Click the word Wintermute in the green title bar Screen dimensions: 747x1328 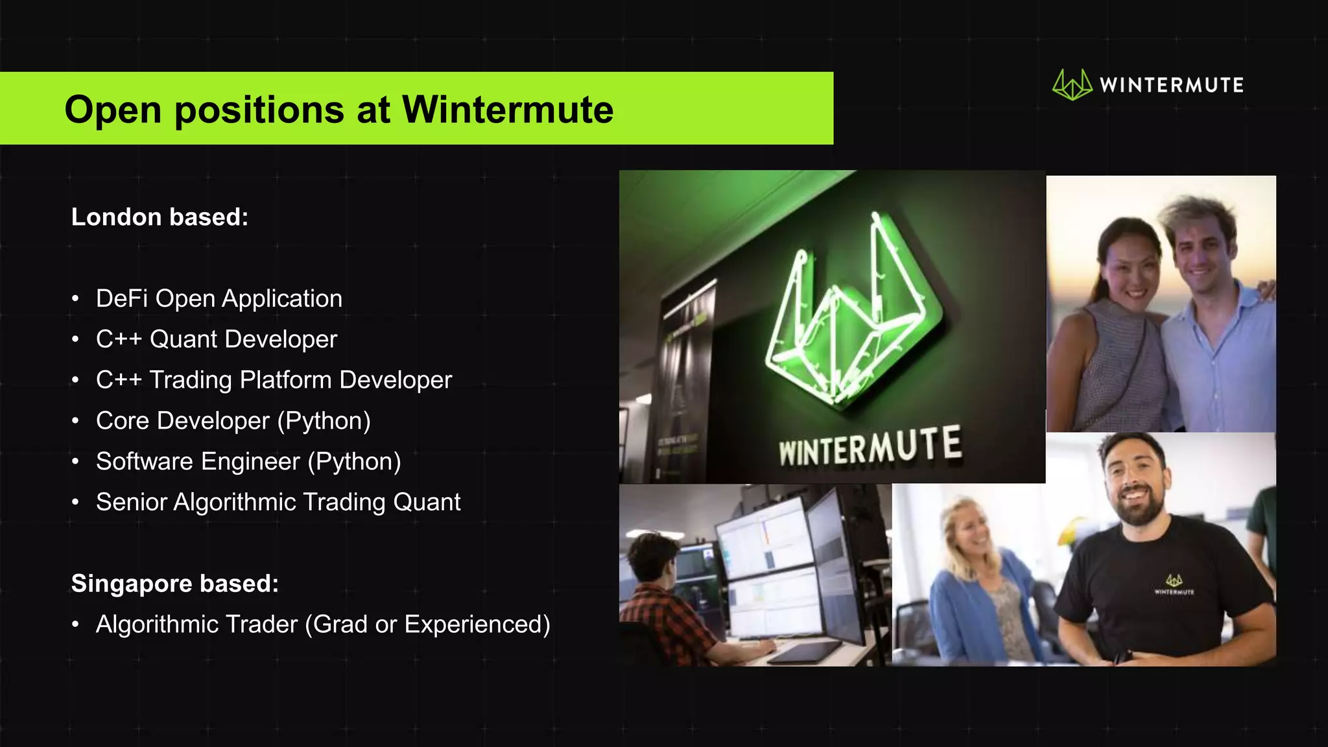pyautogui.click(x=507, y=110)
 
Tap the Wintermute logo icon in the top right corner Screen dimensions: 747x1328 pyautogui.click(x=1072, y=85)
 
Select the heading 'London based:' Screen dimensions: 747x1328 pyautogui.click(x=160, y=217)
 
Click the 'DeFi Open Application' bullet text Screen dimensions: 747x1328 pyautogui.click(x=219, y=299)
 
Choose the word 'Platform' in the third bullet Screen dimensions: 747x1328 pyautogui.click(x=286, y=380)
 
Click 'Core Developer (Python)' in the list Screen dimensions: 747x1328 pyautogui.click(x=233, y=421)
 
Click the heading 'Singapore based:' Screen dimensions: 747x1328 pyautogui.click(x=175, y=584)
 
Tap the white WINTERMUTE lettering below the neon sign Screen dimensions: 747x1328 pyautogui.click(x=870, y=447)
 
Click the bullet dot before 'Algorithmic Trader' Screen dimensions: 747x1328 pyautogui.click(x=76, y=624)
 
